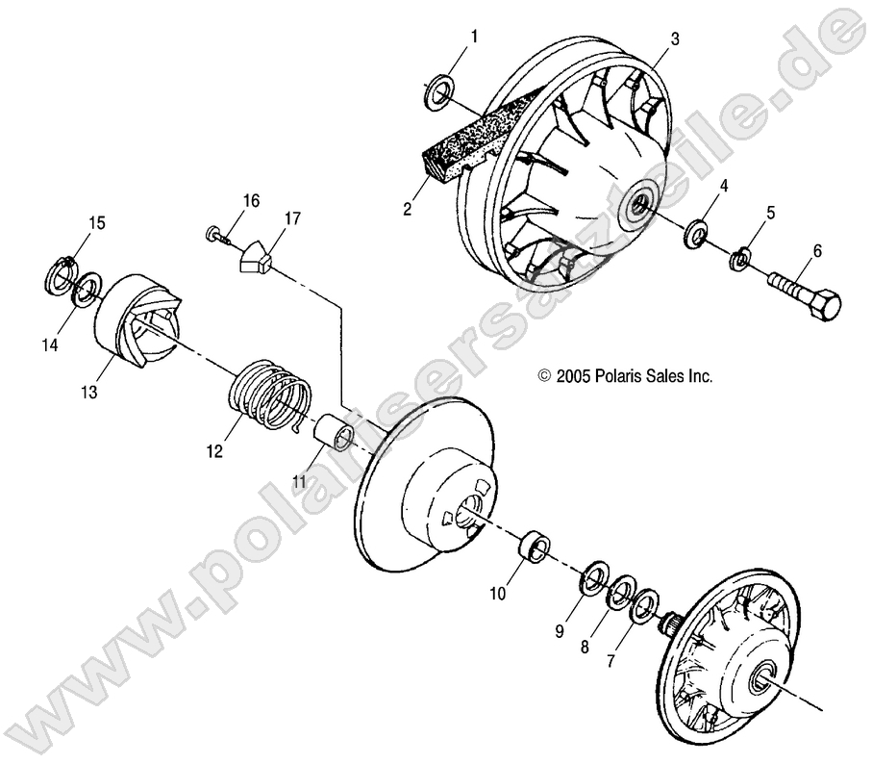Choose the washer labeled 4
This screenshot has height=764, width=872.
(x=692, y=234)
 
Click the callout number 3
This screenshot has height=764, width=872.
(x=675, y=38)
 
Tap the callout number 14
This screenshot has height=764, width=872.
(x=47, y=344)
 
